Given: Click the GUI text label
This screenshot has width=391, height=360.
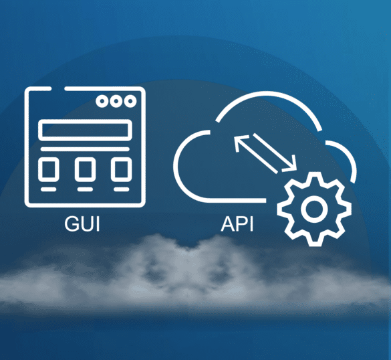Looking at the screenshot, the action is tap(82, 223).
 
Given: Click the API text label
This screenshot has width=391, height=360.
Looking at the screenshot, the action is tap(237, 223).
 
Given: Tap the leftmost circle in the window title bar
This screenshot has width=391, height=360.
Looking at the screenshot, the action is tap(102, 101).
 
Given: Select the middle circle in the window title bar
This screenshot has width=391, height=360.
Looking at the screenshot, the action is tap(116, 101).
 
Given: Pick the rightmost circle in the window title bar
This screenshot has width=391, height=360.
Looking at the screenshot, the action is tap(130, 101).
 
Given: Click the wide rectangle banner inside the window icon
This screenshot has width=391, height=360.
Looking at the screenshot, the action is tap(86, 130).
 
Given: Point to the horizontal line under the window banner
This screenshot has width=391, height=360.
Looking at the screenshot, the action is tap(85, 149).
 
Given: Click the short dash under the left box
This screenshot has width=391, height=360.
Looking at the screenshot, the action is tap(49, 189).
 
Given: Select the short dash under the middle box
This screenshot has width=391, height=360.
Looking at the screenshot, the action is tap(85, 189).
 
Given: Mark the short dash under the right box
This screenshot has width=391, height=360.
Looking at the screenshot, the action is tap(122, 189).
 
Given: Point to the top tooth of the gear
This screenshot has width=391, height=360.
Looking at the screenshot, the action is tap(314, 178).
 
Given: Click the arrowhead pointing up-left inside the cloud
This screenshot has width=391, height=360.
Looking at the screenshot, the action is tap(240, 142).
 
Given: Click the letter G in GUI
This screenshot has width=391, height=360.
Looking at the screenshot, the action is tap(71, 223).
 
